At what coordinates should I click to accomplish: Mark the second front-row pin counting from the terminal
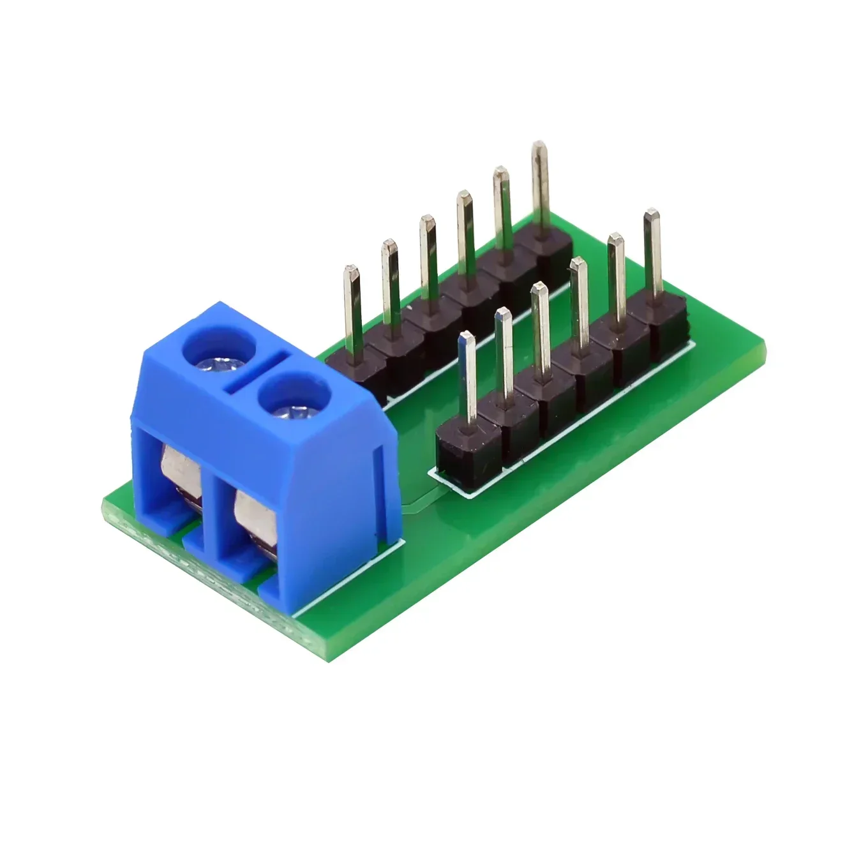tap(504, 354)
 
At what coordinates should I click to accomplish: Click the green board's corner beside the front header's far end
tap(763, 348)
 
